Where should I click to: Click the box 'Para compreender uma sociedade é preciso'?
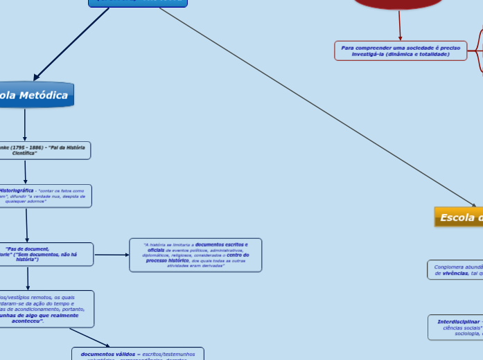(401, 51)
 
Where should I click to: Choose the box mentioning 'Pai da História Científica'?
(44, 150)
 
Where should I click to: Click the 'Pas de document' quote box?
(46, 254)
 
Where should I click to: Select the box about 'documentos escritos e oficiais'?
(195, 255)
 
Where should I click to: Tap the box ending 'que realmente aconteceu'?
(46, 309)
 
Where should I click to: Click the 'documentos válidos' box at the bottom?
(138, 354)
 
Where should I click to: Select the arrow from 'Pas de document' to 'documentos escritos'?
(112, 255)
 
